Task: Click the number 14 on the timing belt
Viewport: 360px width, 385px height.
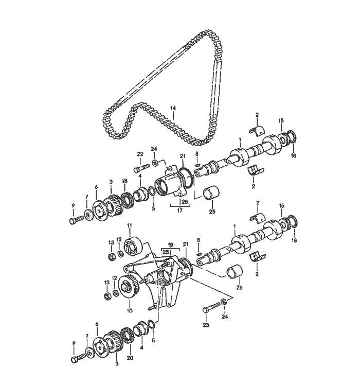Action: pos(173,108)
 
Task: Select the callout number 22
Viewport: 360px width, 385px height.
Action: pos(140,154)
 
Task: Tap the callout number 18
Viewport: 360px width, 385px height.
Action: pos(124,181)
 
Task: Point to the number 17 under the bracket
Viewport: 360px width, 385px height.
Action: pos(179,211)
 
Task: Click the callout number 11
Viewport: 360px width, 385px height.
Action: pos(130,225)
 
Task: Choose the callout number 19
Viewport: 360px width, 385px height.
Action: pos(171,245)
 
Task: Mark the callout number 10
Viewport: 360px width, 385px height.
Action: pos(130,310)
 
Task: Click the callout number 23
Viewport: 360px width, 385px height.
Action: pos(206,325)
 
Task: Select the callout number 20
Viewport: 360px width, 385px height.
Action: pos(130,358)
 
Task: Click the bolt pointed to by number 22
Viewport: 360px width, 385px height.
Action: pos(141,168)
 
